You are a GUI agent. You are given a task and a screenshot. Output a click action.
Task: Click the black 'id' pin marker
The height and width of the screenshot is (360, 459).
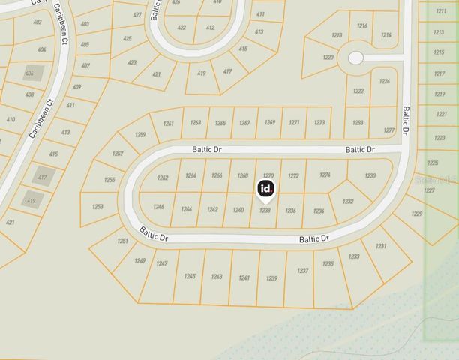(x=266, y=189)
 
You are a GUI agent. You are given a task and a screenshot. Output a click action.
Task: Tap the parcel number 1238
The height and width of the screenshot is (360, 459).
(x=265, y=211)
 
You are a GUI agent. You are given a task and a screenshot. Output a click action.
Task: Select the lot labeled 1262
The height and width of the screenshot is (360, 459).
(x=163, y=178)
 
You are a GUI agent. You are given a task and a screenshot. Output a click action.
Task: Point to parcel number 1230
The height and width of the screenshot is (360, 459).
(x=370, y=175)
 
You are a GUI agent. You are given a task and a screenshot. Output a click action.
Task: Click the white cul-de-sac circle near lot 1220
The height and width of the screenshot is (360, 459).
(x=355, y=58)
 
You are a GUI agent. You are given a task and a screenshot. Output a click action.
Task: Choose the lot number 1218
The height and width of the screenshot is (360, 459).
(x=337, y=35)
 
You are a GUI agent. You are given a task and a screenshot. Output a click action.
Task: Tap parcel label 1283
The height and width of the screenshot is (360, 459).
(x=358, y=122)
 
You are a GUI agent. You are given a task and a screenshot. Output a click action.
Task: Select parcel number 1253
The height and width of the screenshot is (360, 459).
(x=98, y=206)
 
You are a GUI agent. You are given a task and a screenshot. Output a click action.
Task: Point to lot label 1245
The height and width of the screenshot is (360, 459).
(x=189, y=276)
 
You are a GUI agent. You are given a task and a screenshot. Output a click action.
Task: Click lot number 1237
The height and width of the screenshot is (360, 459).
(x=302, y=271)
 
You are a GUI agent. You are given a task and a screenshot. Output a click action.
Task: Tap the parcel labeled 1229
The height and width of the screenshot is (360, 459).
(x=417, y=214)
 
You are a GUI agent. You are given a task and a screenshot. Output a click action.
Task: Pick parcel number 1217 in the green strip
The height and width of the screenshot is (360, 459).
(x=439, y=73)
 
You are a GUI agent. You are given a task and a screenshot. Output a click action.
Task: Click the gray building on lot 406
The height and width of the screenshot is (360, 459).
(x=31, y=73)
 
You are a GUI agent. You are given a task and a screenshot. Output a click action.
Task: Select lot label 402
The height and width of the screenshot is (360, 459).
(x=37, y=22)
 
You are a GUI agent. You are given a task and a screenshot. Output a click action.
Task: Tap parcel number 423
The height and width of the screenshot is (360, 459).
(x=132, y=62)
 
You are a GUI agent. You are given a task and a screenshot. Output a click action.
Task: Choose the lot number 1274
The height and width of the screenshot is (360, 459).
(x=324, y=175)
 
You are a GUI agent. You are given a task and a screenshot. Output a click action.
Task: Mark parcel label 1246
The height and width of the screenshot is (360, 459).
(x=158, y=206)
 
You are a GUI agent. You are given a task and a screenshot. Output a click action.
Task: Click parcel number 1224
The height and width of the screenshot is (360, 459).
(x=385, y=81)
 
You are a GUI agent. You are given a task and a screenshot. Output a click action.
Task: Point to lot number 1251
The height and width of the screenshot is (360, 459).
(x=123, y=241)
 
